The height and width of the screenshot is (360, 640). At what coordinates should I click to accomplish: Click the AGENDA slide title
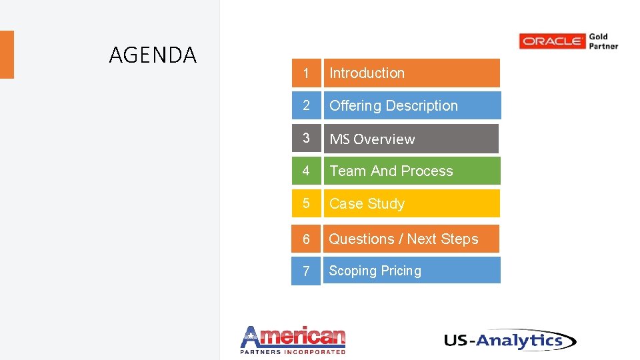point(153,55)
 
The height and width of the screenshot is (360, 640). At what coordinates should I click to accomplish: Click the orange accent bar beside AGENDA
point(7,55)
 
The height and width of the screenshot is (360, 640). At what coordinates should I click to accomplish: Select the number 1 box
point(306,73)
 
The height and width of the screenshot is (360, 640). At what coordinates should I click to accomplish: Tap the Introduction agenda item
point(411,73)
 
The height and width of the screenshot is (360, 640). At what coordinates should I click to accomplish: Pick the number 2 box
point(306,105)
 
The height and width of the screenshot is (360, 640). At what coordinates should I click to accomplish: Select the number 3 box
point(306,138)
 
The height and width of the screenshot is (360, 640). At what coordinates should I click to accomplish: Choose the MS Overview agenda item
point(411,139)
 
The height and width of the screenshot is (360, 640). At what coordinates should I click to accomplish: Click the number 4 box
point(306,171)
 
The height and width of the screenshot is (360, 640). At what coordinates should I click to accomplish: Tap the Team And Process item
point(411,171)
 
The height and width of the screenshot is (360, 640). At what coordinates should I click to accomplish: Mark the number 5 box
point(306,203)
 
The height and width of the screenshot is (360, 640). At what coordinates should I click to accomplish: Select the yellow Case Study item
point(411,203)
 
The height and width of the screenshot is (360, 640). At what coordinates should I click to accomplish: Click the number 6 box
point(306,239)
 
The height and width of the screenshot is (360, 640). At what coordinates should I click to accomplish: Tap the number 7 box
point(306,271)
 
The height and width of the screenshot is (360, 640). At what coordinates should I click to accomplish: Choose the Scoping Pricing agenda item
point(411,271)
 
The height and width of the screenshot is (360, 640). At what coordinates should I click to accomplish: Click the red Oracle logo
point(552,41)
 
